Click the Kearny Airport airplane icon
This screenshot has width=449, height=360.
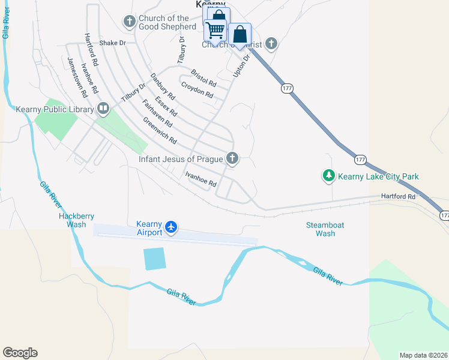click(172, 227)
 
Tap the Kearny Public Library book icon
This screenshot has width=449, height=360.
click(103, 109)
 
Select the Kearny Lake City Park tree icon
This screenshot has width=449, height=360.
click(328, 176)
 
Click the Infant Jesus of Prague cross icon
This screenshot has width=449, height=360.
click(232, 159)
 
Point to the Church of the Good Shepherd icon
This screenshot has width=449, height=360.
click(130, 22)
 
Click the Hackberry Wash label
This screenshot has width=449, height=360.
click(76, 220)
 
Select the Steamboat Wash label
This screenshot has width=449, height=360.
click(325, 229)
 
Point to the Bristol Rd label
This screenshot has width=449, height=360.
click(203, 77)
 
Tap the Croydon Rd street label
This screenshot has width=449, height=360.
click(197, 91)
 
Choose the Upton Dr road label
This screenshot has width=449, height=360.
click(241, 65)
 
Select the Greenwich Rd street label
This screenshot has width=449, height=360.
click(160, 130)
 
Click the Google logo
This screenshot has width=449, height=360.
click(20, 353)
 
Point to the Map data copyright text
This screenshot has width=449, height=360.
click(423, 355)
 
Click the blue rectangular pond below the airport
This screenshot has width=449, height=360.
click(154, 259)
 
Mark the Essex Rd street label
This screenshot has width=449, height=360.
click(166, 106)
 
